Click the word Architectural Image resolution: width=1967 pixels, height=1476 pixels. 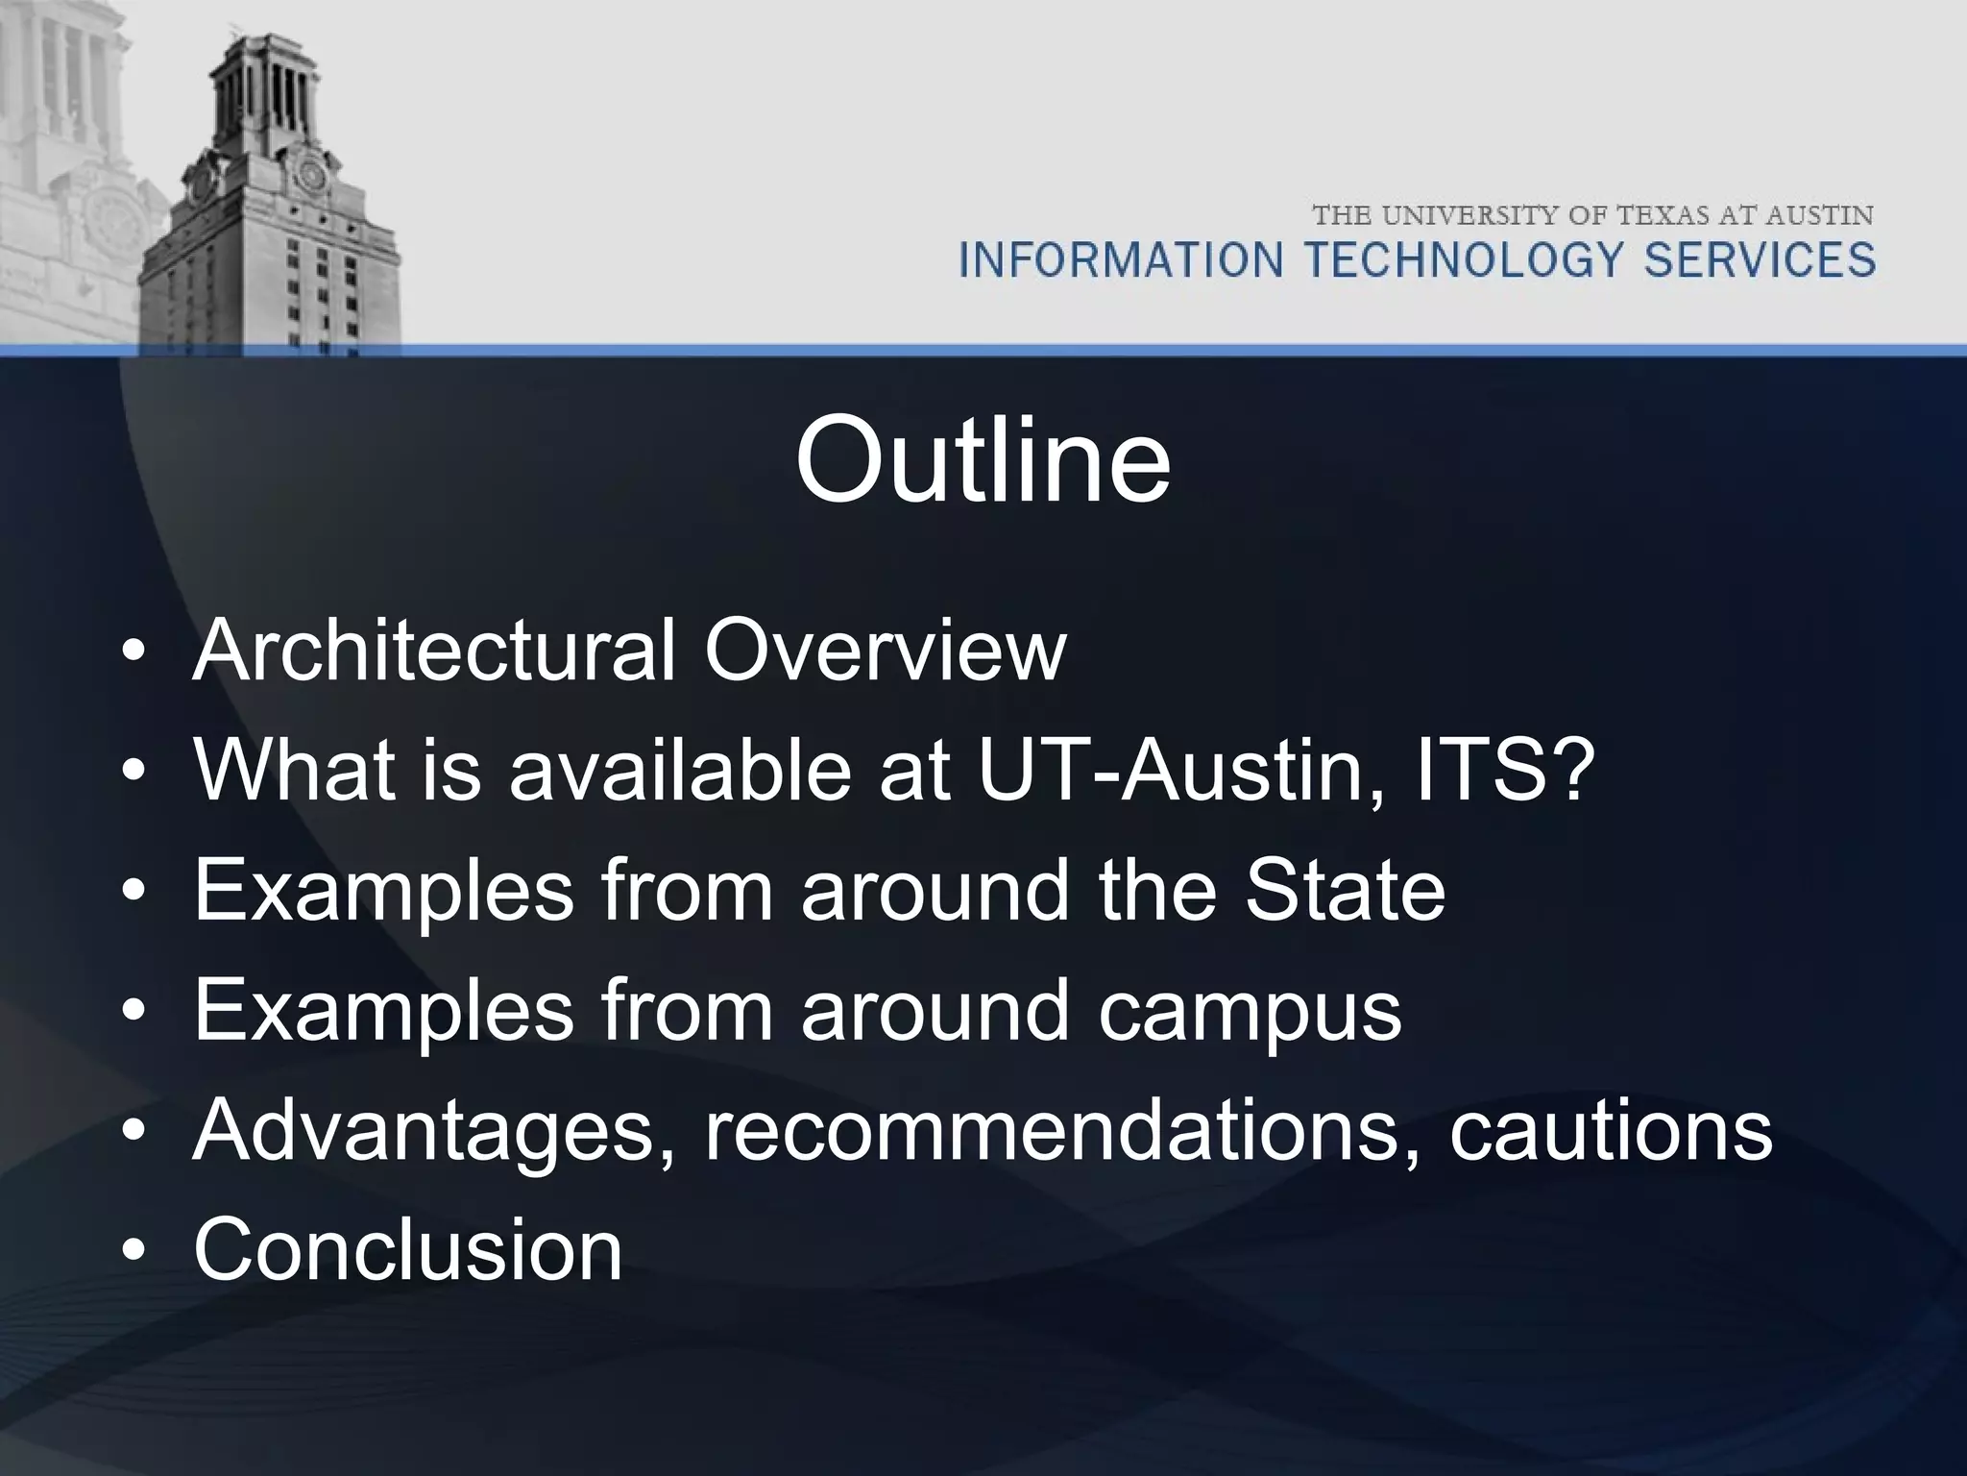435,651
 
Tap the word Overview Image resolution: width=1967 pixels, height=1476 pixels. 885,651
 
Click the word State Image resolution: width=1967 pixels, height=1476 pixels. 1345,891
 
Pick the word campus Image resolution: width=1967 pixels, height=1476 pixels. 1250,1011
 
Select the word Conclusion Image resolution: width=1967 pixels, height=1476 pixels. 408,1250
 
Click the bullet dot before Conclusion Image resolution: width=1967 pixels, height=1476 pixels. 134,1252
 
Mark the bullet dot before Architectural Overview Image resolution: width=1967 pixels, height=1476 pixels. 134,652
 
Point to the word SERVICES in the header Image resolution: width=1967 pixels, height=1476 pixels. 1760,260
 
